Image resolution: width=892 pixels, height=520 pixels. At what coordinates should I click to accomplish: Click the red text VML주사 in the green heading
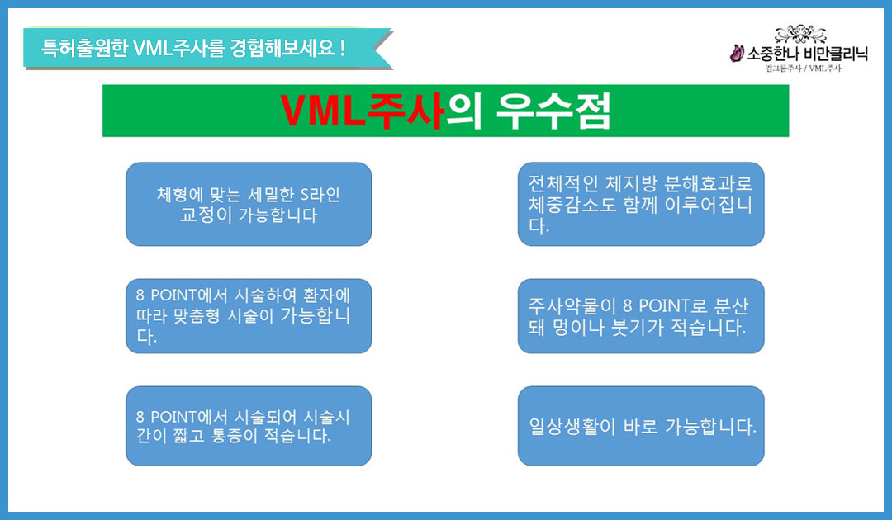(363, 111)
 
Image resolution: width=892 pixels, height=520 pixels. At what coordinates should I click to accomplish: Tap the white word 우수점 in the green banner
(553, 111)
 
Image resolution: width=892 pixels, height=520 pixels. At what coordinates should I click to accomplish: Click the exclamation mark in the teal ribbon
(342, 47)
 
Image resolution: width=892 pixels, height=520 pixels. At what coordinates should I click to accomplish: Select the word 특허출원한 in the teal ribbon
(84, 48)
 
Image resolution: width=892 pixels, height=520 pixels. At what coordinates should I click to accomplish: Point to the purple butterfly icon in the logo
(737, 54)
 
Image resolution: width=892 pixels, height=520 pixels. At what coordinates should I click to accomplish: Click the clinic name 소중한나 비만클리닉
(807, 54)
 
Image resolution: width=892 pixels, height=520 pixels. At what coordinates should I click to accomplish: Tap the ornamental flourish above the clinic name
(800, 34)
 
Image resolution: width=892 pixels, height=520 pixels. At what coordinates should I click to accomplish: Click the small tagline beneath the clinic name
(803, 69)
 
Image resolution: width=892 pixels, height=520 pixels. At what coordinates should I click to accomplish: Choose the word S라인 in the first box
(320, 195)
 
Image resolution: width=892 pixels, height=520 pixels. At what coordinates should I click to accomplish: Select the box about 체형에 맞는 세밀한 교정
(249, 204)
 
